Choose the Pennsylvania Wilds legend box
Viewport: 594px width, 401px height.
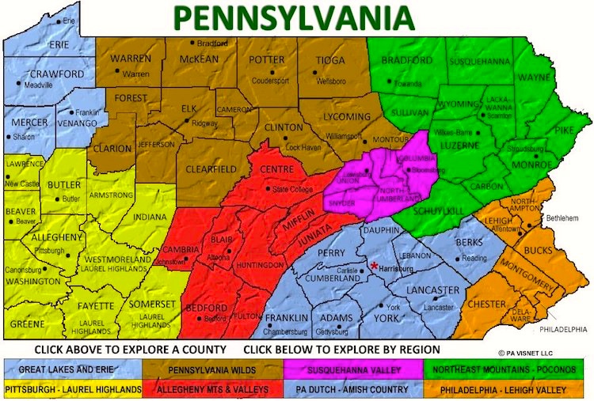(213, 369)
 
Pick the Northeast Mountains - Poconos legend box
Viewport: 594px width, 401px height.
(508, 369)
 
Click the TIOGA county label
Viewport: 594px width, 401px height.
(330, 60)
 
